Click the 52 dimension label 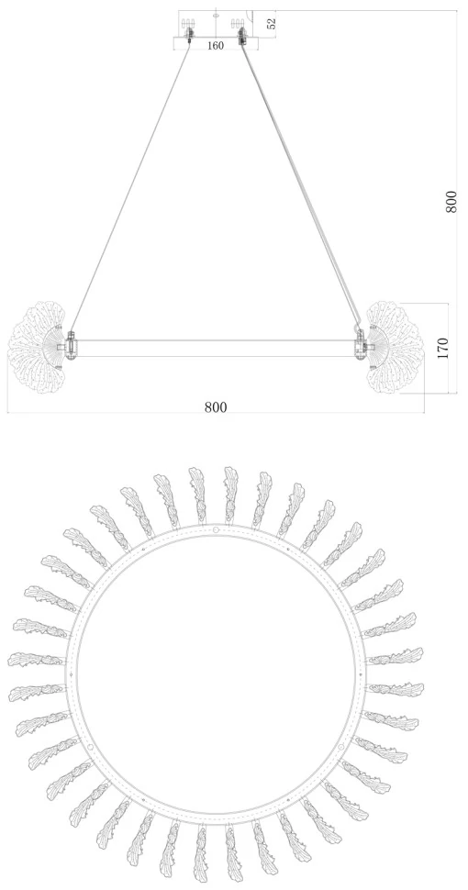pyautogui.click(x=272, y=24)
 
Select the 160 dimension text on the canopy pyautogui.click(x=216, y=45)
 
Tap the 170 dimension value pyautogui.click(x=443, y=348)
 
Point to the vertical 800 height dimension pyautogui.click(x=451, y=202)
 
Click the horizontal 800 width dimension pyautogui.click(x=216, y=407)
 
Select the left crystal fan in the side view pyautogui.click(x=38, y=348)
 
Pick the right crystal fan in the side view pyautogui.click(x=395, y=348)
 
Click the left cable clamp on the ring pyautogui.click(x=71, y=345)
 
